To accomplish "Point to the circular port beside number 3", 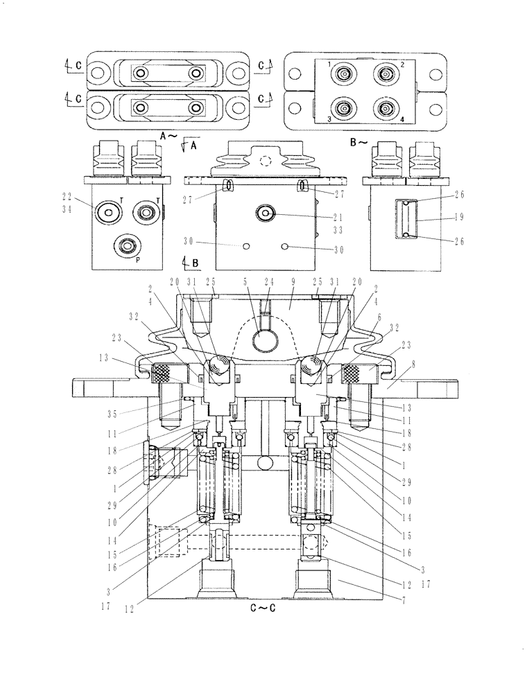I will click(344, 109).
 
